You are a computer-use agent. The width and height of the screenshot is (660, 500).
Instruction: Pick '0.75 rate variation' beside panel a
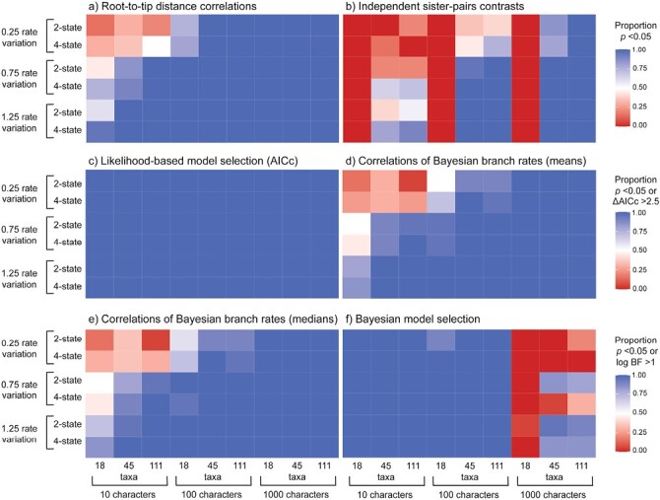tap(25, 79)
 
